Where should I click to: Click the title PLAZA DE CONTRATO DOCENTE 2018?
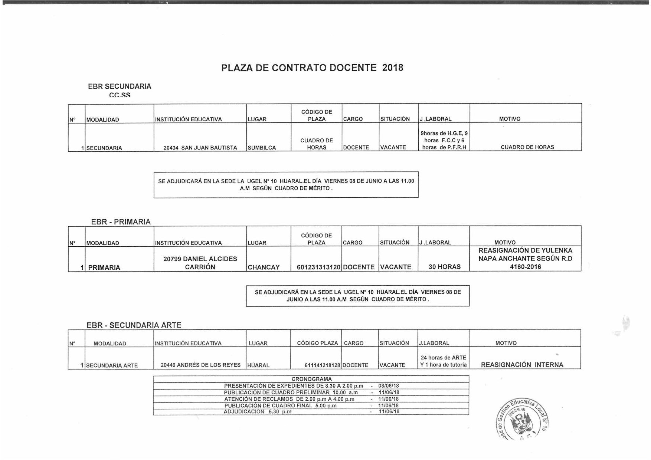tap(312, 68)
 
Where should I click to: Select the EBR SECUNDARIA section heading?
tap(120, 86)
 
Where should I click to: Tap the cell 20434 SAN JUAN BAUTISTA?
tap(200, 148)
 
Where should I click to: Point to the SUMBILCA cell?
tap(262, 148)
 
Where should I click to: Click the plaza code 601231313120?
tap(319, 267)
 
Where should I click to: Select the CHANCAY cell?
tap(264, 267)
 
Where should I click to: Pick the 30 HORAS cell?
tap(444, 267)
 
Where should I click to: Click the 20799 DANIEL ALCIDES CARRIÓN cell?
tap(200, 263)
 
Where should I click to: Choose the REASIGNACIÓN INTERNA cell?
tap(522, 365)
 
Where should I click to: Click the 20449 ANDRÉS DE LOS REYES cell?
tap(200, 365)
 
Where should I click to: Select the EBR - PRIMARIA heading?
tap(121, 222)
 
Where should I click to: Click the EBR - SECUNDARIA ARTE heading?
tap(134, 325)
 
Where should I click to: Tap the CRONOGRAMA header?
tap(311, 379)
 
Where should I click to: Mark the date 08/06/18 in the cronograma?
tap(389, 386)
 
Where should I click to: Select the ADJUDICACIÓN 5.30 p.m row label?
tap(258, 412)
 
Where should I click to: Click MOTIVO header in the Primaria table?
tap(505, 243)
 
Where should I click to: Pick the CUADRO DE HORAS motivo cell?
tap(527, 147)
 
